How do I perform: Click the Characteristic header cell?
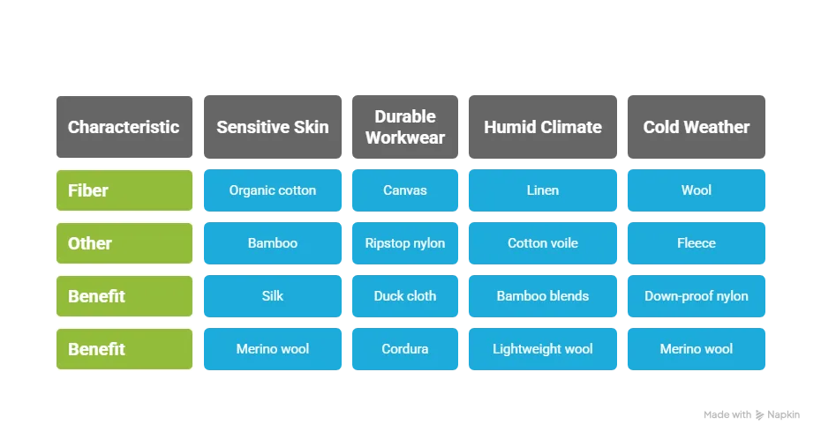point(124,127)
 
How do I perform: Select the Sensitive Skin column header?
point(272,127)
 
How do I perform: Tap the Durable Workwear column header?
point(405,127)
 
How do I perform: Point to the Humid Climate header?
point(542,127)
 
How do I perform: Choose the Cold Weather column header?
point(696,127)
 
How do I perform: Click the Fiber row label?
point(124,190)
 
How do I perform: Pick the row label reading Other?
point(124,243)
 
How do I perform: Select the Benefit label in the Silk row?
point(124,296)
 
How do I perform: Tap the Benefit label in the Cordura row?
point(124,349)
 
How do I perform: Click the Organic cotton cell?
point(272,190)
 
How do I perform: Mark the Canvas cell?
point(405,190)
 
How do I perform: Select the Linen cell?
point(542,190)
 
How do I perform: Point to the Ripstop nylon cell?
point(405,243)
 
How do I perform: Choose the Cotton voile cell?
point(542,243)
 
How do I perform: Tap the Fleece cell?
point(696,243)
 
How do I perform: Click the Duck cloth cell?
point(405,296)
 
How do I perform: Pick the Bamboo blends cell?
point(542,296)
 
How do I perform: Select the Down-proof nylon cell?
point(696,296)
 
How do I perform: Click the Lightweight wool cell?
point(542,349)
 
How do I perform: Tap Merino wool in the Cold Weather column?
point(696,349)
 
